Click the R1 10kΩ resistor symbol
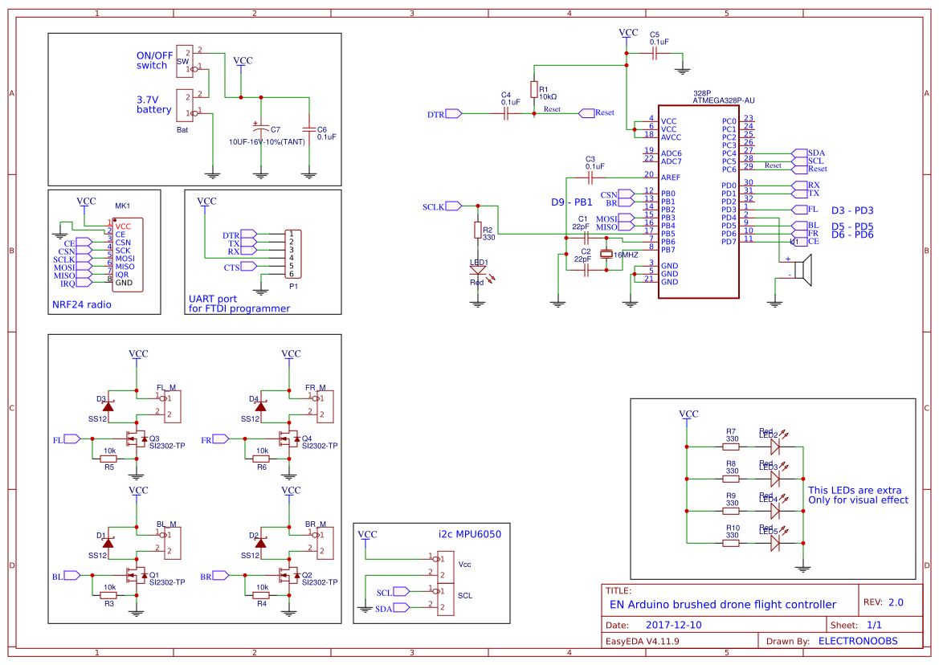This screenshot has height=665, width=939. point(533,89)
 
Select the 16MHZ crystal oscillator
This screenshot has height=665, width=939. point(606,255)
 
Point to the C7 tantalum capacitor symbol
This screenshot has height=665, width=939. point(260,129)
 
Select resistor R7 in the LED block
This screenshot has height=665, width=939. point(730,446)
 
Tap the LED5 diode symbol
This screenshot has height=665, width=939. point(774,543)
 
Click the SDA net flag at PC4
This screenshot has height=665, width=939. point(798,153)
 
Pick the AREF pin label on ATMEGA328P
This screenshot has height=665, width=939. point(670,177)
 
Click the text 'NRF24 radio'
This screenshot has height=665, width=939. point(83,304)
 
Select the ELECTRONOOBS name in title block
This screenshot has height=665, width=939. point(857,641)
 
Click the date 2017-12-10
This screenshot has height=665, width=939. point(673,624)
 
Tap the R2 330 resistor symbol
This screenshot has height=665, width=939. point(478,231)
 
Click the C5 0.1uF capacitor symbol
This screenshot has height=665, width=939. point(655,54)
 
